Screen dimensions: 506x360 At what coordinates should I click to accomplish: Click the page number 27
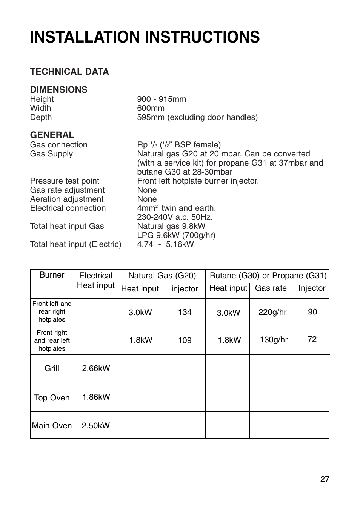(x=325, y=479)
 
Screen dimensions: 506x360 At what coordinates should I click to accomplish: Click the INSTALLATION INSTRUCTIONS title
(x=145, y=37)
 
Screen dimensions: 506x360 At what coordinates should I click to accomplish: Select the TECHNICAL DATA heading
(x=69, y=72)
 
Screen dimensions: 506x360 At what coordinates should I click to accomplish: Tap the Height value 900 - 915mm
(x=162, y=99)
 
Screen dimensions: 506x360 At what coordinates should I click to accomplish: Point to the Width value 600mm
(x=151, y=108)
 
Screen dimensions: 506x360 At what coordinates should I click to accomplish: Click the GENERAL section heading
(x=52, y=135)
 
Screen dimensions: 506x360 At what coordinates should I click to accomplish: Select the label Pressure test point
(x=65, y=181)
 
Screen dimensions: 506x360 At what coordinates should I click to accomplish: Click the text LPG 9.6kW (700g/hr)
(x=176, y=235)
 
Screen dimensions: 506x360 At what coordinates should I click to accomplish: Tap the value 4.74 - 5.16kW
(x=165, y=244)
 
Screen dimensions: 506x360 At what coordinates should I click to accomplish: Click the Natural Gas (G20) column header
(x=162, y=276)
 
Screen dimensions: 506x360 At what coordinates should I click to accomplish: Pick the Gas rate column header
(x=271, y=288)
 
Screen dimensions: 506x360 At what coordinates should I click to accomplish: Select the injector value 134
(x=185, y=312)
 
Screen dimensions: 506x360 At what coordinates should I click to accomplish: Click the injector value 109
(x=185, y=340)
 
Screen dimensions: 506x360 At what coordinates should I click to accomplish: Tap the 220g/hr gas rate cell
(x=272, y=312)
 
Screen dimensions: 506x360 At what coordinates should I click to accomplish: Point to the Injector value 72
(x=312, y=339)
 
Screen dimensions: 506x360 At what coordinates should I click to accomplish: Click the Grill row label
(x=52, y=368)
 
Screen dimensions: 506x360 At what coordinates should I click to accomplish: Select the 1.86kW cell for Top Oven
(x=96, y=397)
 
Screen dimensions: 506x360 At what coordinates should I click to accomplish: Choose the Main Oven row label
(x=52, y=426)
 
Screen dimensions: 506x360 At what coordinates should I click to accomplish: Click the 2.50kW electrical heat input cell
(x=96, y=426)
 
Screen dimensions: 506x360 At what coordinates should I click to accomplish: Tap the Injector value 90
(x=312, y=312)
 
